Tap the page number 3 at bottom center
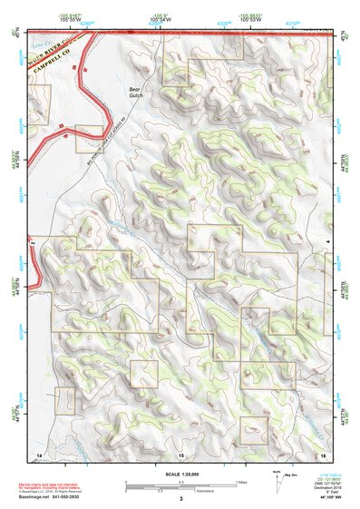pos(180,498)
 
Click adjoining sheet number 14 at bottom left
pos(39,452)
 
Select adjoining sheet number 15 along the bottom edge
pos(180,452)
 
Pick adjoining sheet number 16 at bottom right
pos(322,452)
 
